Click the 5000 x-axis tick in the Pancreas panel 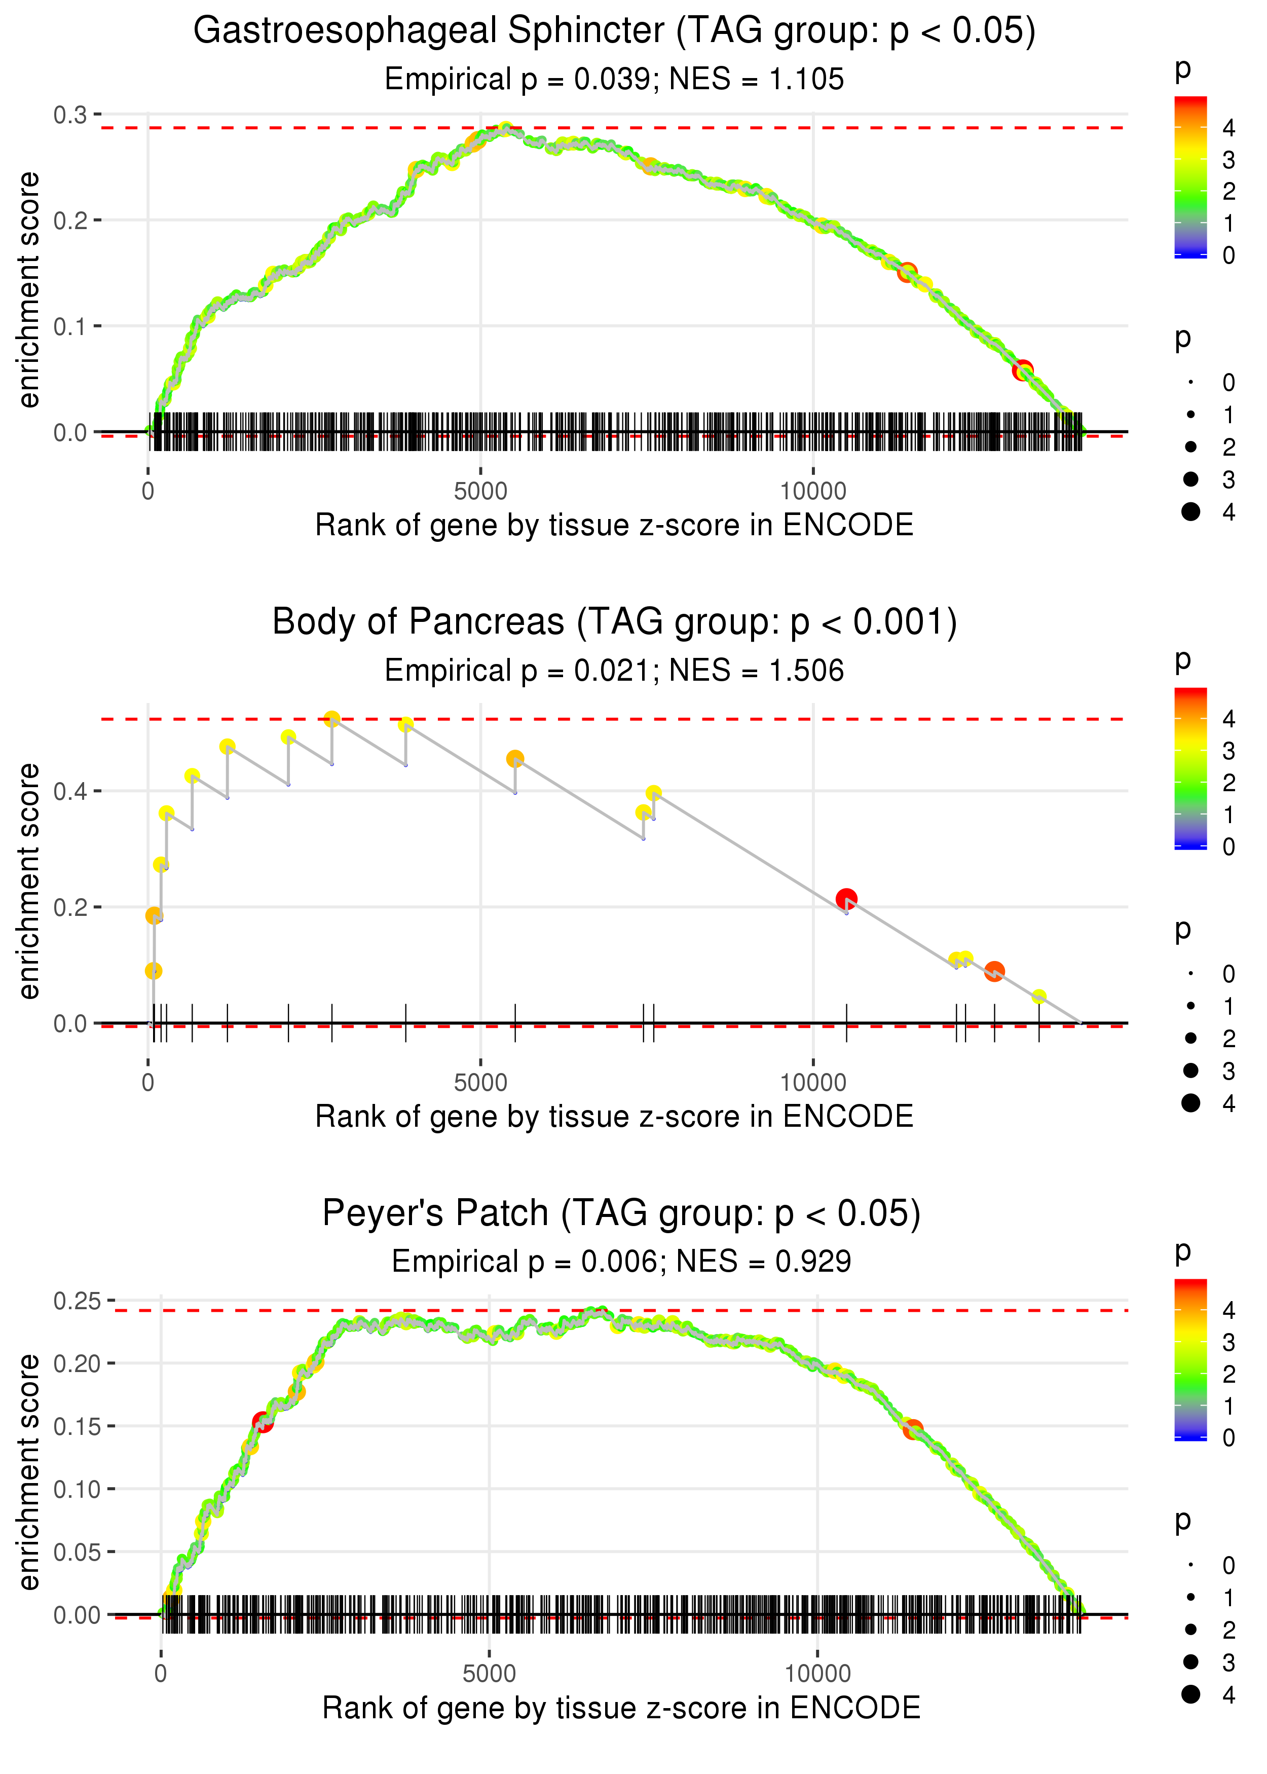point(480,1083)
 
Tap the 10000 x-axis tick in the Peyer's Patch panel point(817,1673)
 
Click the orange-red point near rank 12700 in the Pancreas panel point(994,971)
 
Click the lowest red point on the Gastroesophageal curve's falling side point(1023,370)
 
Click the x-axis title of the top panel point(614,525)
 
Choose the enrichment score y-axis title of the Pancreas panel point(29,881)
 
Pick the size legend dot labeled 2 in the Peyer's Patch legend point(1190,1630)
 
